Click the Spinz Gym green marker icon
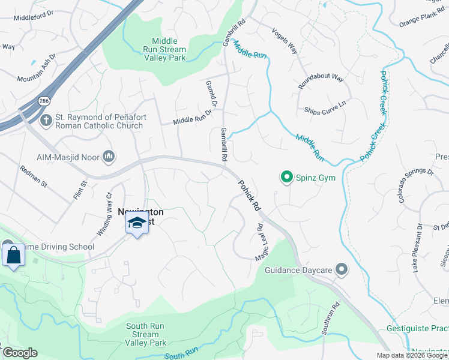click(287, 177)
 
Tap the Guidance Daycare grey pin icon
click(342, 270)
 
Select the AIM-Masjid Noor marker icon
click(109, 157)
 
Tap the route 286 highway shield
click(44, 101)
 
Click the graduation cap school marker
click(137, 223)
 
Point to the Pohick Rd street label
click(249, 196)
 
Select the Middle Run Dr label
click(193, 116)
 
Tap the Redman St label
click(33, 178)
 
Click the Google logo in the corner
click(19, 352)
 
